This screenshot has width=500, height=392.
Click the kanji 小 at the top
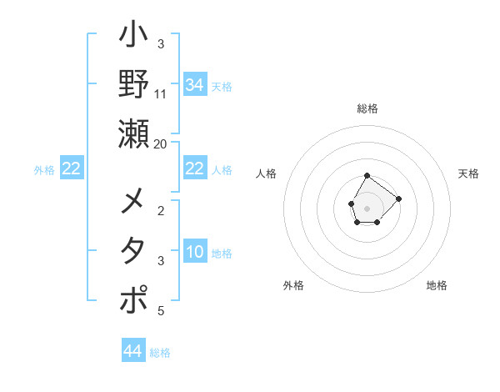tap(134, 38)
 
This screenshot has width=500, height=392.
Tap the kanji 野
tap(134, 83)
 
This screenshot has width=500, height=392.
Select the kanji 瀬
tap(134, 133)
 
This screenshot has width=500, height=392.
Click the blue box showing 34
tap(194, 85)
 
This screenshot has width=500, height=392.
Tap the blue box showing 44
tap(133, 351)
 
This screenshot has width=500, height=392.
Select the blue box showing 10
tap(194, 253)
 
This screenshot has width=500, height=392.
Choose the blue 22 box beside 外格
tap(72, 169)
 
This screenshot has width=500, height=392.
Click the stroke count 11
tap(161, 93)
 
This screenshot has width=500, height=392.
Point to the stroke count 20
tap(161, 143)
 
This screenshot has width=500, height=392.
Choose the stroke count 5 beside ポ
tap(161, 311)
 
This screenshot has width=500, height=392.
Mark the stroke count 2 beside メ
tap(161, 211)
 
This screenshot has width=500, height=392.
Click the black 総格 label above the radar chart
tap(367, 108)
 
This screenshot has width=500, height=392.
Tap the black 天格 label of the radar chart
tap(469, 173)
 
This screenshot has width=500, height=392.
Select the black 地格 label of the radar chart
tap(437, 285)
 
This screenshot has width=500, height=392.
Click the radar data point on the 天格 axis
tap(399, 199)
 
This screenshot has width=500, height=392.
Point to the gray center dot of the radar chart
tap(367, 207)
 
